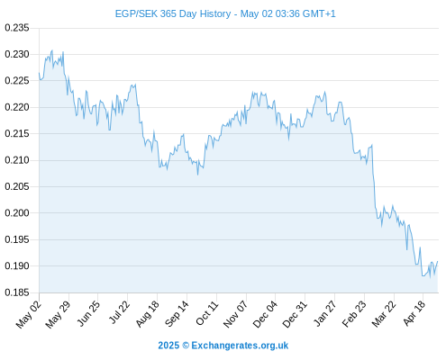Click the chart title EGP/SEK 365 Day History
173,13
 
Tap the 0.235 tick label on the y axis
17,28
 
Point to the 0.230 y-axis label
17,54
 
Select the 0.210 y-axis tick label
17,160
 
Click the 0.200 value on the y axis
17,213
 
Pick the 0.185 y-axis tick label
17,292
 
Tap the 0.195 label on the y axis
17,239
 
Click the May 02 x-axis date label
29,314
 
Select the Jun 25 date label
88,313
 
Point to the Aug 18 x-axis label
148,314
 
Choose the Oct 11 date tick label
206,313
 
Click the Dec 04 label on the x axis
265,314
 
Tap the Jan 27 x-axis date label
324,313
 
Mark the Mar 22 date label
384,314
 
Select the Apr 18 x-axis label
414,313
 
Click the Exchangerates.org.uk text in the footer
240,346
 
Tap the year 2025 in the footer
168,346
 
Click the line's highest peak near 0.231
52,50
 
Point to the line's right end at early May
438,261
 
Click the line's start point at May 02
39,73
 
